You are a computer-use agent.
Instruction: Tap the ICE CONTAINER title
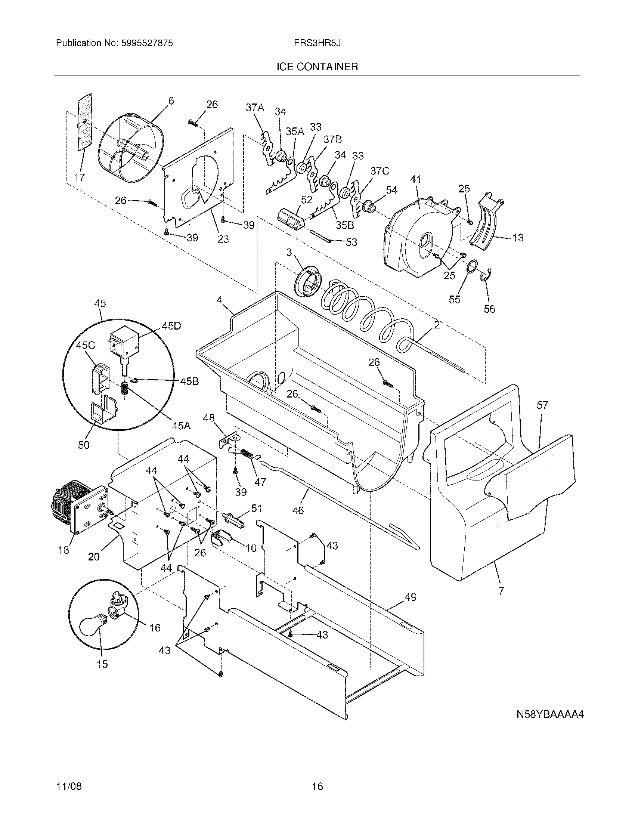(317, 67)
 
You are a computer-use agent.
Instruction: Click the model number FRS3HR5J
(317, 43)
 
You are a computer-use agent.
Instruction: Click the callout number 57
(542, 405)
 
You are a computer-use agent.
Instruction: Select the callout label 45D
(171, 326)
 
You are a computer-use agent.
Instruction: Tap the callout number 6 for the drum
(171, 101)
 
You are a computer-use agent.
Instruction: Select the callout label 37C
(380, 171)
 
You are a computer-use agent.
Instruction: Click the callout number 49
(411, 597)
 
